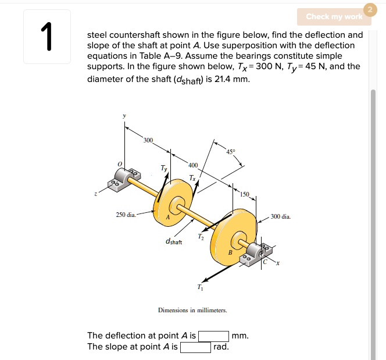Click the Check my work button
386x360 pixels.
click(x=334, y=16)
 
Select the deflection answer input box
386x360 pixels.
click(x=213, y=336)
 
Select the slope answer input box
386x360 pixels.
click(x=195, y=347)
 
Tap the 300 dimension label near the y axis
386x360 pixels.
click(x=148, y=141)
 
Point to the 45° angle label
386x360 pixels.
click(x=231, y=151)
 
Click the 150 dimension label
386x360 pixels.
click(x=245, y=194)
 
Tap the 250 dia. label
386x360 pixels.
click(x=126, y=215)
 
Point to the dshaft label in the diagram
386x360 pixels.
click(x=173, y=241)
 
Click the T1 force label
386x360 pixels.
click(x=200, y=287)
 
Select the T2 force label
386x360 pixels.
click(x=201, y=236)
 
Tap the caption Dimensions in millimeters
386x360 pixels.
click(x=192, y=310)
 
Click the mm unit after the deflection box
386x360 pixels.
click(x=240, y=336)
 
